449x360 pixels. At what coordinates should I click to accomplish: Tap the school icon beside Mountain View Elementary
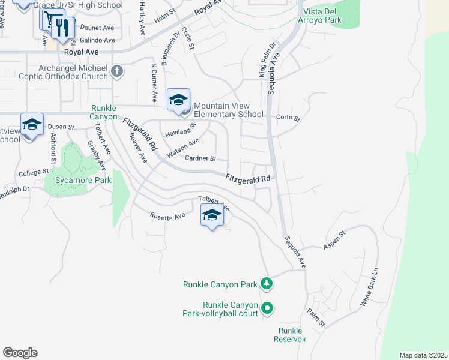178,100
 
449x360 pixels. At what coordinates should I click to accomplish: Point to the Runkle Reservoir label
292,335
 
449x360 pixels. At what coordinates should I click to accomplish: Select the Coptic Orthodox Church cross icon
117,73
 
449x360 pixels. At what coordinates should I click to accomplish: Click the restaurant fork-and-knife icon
62,27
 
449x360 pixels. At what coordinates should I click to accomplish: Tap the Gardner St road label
200,159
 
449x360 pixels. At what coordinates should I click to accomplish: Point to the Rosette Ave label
167,217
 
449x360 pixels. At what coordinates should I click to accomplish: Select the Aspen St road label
335,239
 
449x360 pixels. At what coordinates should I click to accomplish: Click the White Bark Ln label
370,287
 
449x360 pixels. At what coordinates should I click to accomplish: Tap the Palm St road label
316,318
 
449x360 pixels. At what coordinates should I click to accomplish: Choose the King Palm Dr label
267,59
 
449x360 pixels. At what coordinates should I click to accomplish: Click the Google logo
20,353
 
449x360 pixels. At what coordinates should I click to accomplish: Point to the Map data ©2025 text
423,355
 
